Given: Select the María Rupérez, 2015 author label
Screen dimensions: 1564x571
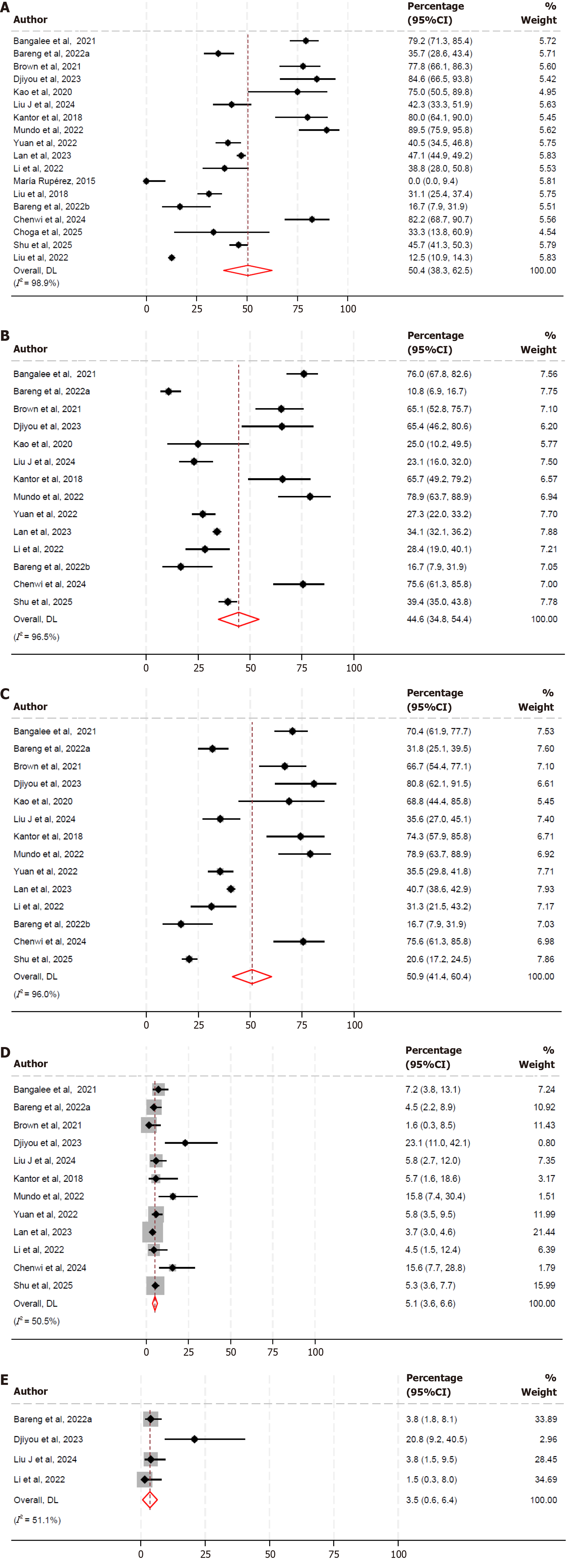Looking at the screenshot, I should pos(54,181).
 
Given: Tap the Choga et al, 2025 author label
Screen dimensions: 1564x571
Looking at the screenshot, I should pos(47,232).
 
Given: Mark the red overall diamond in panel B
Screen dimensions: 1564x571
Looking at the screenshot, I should pos(238,619).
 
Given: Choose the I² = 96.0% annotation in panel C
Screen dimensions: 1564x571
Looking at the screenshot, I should pos(36,994).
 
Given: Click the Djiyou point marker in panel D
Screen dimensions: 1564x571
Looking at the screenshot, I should pos(185,1143).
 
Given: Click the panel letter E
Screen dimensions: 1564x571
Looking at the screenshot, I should pos(5,1380).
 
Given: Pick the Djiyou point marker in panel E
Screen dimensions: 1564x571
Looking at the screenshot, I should pos(194,1439).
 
